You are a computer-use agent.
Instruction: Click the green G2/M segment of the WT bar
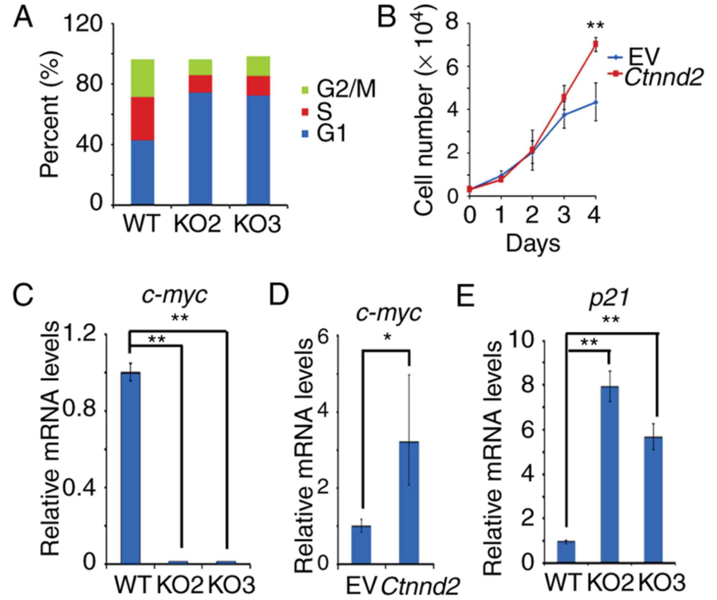click(143, 78)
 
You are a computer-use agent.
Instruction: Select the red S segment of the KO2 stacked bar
click(200, 84)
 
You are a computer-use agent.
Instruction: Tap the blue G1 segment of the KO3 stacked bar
click(258, 150)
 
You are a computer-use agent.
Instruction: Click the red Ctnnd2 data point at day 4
click(596, 44)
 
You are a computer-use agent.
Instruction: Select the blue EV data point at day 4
click(596, 102)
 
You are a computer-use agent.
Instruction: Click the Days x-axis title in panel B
click(533, 244)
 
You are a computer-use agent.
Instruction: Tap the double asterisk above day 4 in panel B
click(595, 26)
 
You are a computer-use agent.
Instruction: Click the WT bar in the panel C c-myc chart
click(131, 468)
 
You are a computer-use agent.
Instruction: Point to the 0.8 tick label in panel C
click(84, 410)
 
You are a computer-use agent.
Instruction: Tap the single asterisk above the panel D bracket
click(387, 337)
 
